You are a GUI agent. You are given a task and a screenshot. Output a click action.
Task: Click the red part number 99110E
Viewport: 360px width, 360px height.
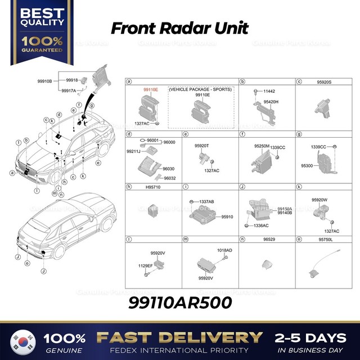pos(151,89)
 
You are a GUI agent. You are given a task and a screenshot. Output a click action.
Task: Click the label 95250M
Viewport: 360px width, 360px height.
pos(262,146)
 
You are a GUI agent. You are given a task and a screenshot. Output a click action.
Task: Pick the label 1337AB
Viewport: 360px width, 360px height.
pos(206,201)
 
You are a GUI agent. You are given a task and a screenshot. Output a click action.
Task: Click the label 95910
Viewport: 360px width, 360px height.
pos(227,216)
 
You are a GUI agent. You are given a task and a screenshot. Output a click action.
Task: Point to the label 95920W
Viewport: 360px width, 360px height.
pos(319,199)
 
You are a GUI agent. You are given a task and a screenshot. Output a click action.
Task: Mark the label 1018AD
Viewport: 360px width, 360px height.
pos(224,250)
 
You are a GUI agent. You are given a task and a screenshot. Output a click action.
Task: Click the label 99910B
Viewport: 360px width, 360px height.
pos(44,82)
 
